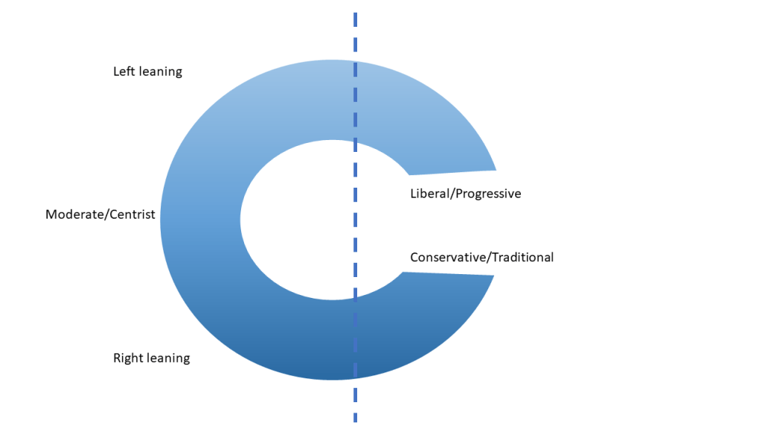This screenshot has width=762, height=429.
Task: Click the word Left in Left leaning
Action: coord(124,72)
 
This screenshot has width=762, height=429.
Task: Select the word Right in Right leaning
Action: coord(127,358)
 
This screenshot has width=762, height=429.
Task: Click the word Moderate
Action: coord(73,215)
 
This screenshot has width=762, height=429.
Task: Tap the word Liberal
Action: coord(429,194)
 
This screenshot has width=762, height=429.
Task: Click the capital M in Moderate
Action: coord(51,215)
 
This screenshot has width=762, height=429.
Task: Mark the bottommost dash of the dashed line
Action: coord(355,418)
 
